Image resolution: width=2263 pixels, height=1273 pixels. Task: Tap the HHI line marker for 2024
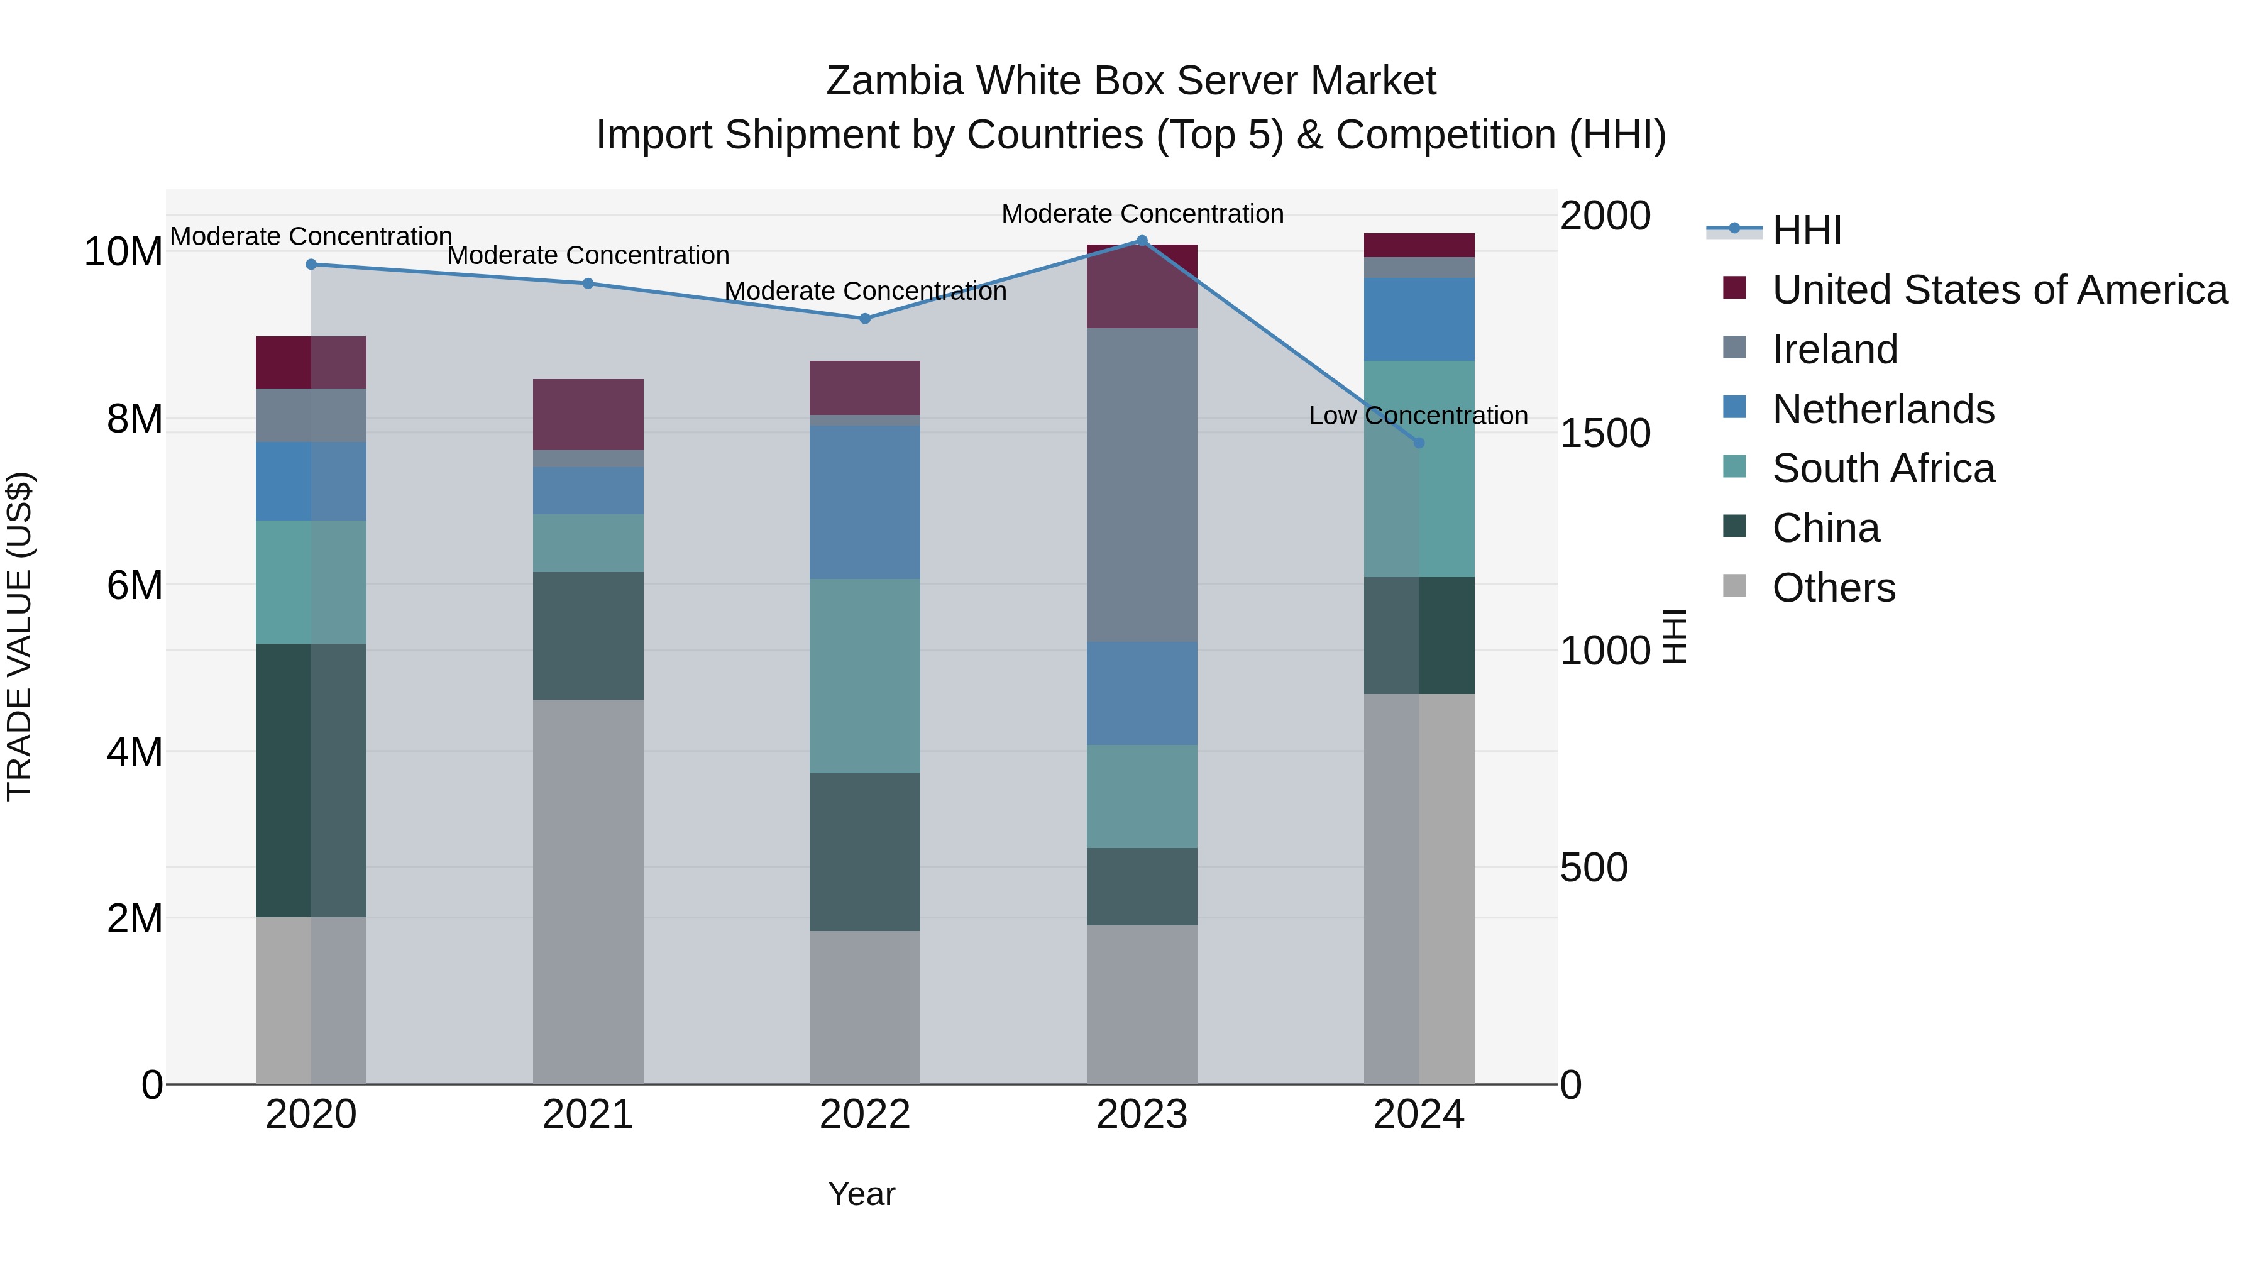(1419, 443)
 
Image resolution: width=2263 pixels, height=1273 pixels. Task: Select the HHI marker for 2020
(311, 265)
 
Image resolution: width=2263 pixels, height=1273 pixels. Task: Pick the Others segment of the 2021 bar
(588, 891)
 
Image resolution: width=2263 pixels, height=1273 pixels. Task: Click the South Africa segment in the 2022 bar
(864, 676)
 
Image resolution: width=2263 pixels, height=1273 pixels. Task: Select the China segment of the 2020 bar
(311, 780)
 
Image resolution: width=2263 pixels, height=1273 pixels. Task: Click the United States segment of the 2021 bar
(588, 415)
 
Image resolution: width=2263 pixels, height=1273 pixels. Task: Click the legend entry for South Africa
(1883, 468)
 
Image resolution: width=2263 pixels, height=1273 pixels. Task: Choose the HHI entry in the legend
(1806, 230)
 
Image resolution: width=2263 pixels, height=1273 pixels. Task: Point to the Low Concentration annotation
(1418, 416)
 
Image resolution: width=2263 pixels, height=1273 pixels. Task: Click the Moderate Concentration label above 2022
(864, 291)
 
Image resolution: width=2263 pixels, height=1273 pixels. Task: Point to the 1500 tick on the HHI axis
(1604, 433)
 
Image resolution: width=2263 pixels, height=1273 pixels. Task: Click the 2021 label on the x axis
(588, 1115)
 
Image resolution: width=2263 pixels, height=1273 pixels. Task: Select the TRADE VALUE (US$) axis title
(19, 636)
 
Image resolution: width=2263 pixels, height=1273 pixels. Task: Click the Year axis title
(861, 1194)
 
